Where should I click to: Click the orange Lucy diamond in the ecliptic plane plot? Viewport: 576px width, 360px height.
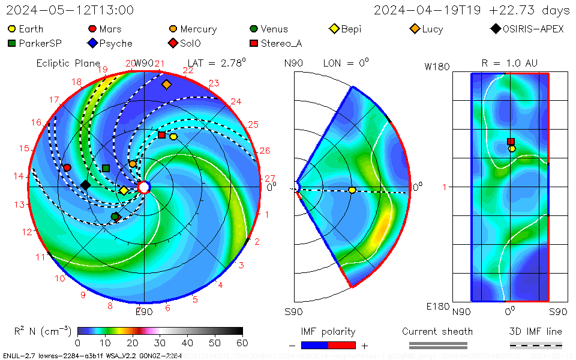point(166,85)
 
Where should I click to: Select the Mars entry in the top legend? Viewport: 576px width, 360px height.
point(105,29)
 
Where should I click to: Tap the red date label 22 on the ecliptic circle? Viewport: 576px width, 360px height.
point(188,71)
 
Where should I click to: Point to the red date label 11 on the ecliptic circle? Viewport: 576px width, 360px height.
point(40,257)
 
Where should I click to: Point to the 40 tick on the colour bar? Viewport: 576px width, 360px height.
point(188,343)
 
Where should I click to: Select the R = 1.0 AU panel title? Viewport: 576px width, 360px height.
point(509,63)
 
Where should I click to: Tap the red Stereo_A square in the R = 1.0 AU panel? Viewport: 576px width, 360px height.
point(511,142)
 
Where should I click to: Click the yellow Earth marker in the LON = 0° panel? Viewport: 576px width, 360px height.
point(352,190)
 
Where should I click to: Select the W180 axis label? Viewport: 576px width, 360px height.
point(437,67)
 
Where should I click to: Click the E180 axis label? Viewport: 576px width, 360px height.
point(438,307)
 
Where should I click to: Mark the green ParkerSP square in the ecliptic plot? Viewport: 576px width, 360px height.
point(106,168)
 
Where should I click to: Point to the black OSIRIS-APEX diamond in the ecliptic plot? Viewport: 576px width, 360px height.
point(85,185)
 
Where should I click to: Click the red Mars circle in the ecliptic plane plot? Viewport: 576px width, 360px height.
point(67,167)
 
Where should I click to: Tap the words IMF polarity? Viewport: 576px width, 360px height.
point(328,332)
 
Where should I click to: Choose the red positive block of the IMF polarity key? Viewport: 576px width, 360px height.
point(342,345)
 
